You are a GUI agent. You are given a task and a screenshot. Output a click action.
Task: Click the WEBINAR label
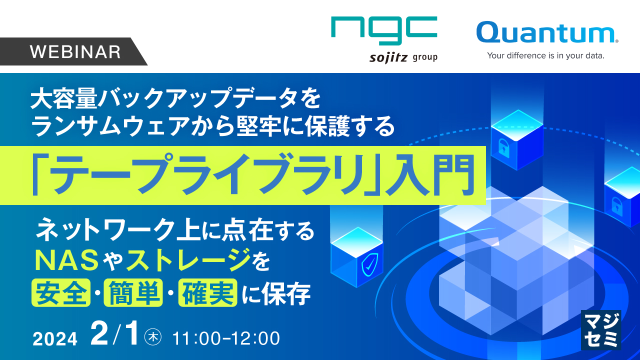75,52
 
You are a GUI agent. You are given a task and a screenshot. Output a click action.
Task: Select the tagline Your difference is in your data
546,55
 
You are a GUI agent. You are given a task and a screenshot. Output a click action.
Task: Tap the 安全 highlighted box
60,292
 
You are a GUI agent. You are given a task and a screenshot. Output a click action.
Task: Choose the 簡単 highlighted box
133,292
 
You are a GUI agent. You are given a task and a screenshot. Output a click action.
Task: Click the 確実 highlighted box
207,292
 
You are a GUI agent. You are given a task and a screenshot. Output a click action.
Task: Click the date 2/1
114,335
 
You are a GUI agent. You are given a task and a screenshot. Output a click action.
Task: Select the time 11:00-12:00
225,338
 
